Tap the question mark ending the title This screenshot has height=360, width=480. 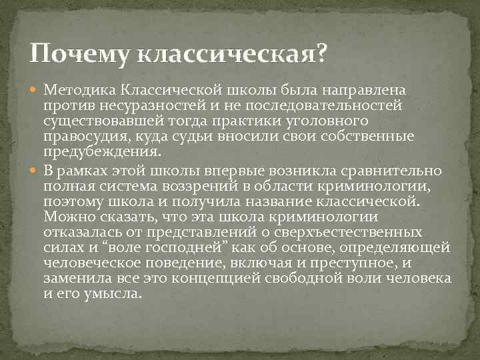click(x=322, y=53)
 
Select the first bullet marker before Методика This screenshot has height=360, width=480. click(x=36, y=90)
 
